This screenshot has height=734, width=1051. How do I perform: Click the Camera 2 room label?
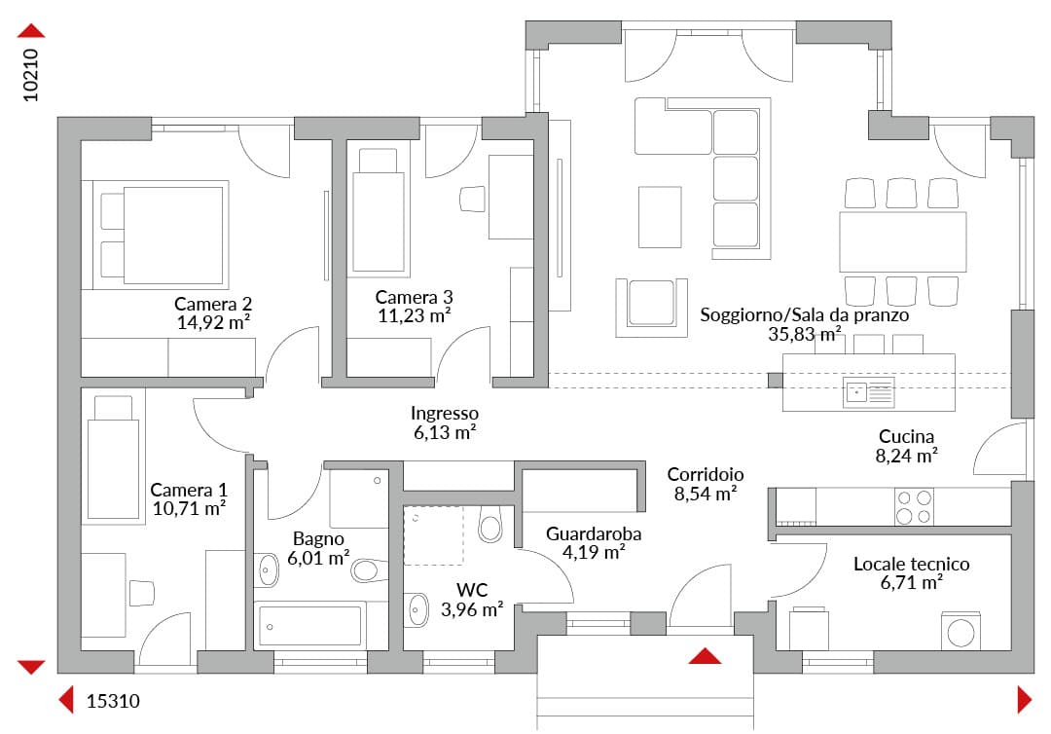click(x=213, y=304)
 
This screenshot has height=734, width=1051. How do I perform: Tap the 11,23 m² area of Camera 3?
click(x=414, y=315)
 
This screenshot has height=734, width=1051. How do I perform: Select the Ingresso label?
click(x=445, y=413)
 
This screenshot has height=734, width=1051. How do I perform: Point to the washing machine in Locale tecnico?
click(x=960, y=631)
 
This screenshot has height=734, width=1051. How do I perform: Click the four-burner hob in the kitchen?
click(x=914, y=507)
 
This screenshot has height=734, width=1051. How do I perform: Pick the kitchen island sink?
click(x=868, y=393)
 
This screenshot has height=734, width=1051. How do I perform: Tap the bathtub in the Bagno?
click(x=309, y=625)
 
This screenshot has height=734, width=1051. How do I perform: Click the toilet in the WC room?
click(x=490, y=524)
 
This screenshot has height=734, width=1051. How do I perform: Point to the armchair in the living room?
click(x=651, y=307)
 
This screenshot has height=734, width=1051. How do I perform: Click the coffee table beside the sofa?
click(x=660, y=217)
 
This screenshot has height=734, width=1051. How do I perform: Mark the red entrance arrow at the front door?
click(x=705, y=655)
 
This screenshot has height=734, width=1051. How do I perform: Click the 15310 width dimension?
click(x=113, y=701)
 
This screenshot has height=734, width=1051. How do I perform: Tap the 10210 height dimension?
click(x=31, y=75)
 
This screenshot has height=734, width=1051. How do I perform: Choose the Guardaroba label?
click(x=594, y=533)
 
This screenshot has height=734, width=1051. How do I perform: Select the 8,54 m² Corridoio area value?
click(x=706, y=494)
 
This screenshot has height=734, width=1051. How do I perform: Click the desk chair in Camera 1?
click(x=141, y=593)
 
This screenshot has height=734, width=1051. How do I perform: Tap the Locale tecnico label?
click(x=911, y=564)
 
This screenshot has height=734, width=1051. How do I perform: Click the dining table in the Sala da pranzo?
click(x=903, y=241)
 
